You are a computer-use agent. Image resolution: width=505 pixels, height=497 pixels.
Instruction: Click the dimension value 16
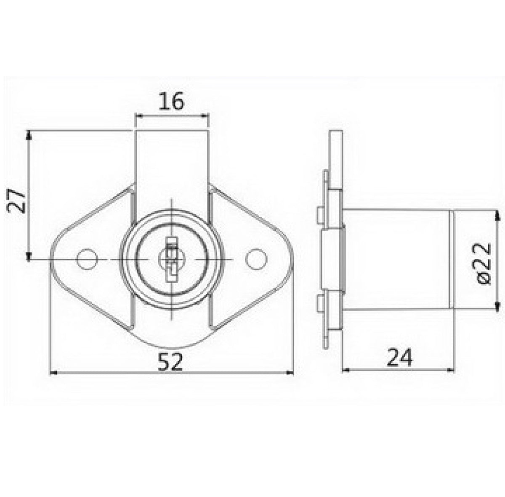(172, 102)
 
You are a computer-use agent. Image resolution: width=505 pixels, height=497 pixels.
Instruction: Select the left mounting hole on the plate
(87, 260)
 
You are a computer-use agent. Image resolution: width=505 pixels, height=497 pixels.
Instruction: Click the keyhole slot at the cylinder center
(171, 260)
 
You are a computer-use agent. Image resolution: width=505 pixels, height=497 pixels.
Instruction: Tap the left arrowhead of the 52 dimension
(53, 372)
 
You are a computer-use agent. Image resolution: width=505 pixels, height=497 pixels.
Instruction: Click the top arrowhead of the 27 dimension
(29, 134)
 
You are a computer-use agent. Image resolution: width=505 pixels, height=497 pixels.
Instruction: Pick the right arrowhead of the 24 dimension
(451, 369)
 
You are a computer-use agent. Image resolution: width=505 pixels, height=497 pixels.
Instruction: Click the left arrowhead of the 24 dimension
(345, 369)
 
